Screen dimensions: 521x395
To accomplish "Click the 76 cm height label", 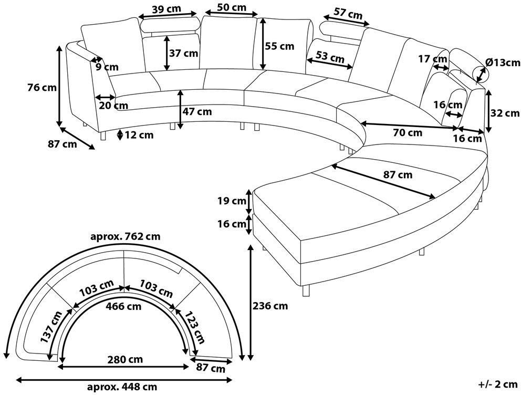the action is point(42,88).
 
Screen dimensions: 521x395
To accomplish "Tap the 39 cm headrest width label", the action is point(166,9).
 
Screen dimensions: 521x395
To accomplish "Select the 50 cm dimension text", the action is point(232,7).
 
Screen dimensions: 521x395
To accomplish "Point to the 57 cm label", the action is point(348,14).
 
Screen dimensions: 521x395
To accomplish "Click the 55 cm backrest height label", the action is point(279,46).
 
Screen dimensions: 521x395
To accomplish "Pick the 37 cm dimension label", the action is point(183,53).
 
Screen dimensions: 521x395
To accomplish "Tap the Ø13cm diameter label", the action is point(503,63).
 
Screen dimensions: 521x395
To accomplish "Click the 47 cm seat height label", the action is point(197,112).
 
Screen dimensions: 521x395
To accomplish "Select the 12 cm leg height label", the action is point(139,135).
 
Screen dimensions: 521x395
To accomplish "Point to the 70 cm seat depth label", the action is point(408,133).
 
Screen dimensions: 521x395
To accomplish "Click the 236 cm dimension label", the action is point(270,306).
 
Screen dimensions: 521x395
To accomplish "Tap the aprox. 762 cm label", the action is point(126,236).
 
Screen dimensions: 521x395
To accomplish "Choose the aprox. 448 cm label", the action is point(122,387).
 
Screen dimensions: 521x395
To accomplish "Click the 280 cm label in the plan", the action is point(126,359).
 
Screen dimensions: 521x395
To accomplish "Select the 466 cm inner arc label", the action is point(123,306).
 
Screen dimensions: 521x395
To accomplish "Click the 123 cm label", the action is point(194,327).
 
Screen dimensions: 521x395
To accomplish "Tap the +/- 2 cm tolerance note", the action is point(498,384).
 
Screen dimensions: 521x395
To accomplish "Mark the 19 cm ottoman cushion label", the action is point(232,201).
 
